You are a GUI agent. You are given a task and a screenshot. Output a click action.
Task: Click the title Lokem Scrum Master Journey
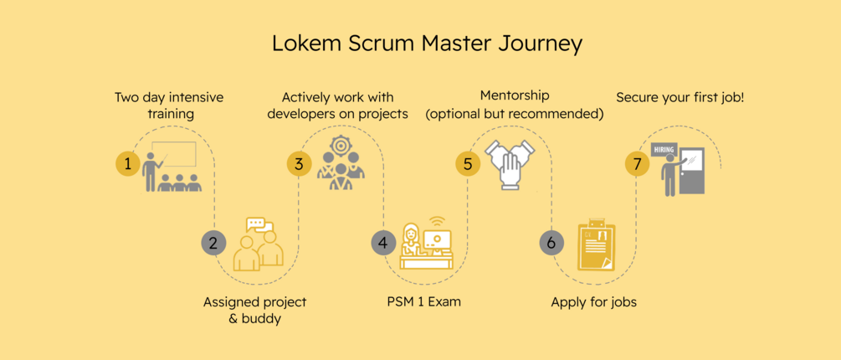click(426, 44)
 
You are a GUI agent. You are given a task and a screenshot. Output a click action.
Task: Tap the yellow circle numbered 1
click(128, 163)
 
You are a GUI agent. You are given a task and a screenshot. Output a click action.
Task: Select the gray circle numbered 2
click(213, 243)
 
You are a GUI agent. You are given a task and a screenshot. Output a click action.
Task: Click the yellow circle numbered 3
click(299, 163)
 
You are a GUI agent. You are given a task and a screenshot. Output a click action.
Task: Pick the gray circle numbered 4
click(383, 243)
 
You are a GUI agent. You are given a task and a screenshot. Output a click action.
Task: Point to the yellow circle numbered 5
click(468, 163)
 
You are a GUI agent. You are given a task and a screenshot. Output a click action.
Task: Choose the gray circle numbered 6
click(551, 243)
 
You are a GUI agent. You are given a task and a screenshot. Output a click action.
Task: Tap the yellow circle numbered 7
click(638, 163)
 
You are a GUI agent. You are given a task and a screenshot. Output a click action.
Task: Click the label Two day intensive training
click(169, 105)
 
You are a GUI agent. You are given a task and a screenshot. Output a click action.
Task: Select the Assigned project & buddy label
click(255, 310)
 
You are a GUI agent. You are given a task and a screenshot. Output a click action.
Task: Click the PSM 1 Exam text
click(423, 301)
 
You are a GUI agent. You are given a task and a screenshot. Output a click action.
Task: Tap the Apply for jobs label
click(593, 301)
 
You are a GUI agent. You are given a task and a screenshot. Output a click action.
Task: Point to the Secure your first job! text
click(679, 98)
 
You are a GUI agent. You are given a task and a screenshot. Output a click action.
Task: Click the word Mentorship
click(515, 96)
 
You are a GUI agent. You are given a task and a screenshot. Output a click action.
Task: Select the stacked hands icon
click(512, 166)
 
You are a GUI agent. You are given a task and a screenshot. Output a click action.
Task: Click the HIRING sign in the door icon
click(664, 149)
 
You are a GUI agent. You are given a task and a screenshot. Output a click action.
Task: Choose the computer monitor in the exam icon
click(436, 239)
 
